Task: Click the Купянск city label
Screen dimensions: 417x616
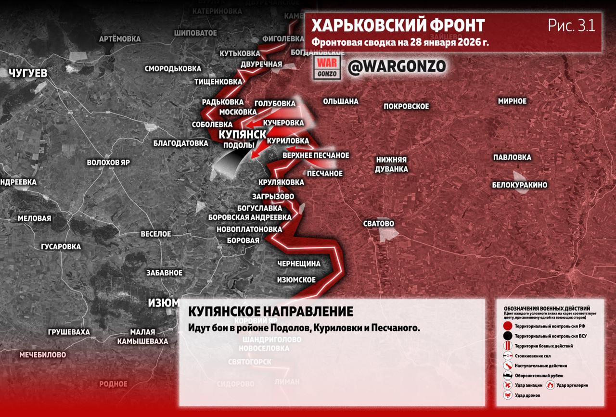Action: click(x=242, y=135)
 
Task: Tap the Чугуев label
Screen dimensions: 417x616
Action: click(x=28, y=73)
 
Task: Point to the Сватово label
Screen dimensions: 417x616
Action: click(x=379, y=224)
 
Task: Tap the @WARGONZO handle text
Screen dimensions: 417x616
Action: click(x=397, y=66)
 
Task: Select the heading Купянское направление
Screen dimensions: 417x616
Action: click(x=270, y=311)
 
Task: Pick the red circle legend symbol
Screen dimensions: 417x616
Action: click(x=507, y=326)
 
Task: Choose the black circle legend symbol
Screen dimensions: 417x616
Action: click(x=507, y=336)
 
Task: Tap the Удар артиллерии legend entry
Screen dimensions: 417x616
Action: click(x=572, y=385)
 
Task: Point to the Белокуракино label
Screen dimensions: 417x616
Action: click(x=519, y=185)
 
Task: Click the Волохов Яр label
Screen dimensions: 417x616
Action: click(x=108, y=163)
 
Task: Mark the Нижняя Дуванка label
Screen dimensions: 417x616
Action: click(x=392, y=164)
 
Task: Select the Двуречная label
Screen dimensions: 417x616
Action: click(x=261, y=64)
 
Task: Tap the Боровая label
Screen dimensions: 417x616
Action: click(x=243, y=240)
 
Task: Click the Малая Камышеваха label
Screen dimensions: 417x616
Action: click(x=142, y=337)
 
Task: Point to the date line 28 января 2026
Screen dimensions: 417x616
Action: click(x=400, y=42)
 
